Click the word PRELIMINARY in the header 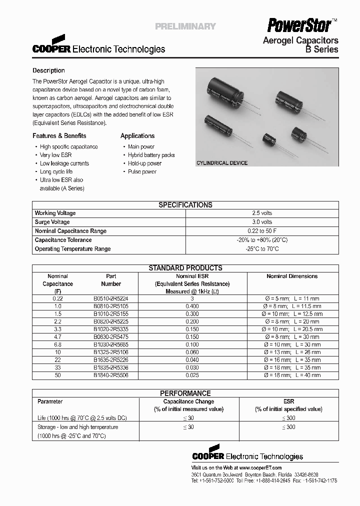pos(185,26)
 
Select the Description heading pos(48,70)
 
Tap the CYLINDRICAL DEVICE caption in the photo pos(222,163)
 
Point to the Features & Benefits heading pos(59,135)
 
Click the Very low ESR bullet pos(56,155)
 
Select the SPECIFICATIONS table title pos(185,205)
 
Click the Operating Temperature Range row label pos(72,249)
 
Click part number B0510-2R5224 pos(111,298)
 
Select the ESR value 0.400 pos(192,306)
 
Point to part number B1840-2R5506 pos(111,375)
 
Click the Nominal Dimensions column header pos(292,276)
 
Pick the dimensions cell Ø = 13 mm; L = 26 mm pos(292,352)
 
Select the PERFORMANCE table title pos(185,393)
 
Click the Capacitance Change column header pos(188,401)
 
